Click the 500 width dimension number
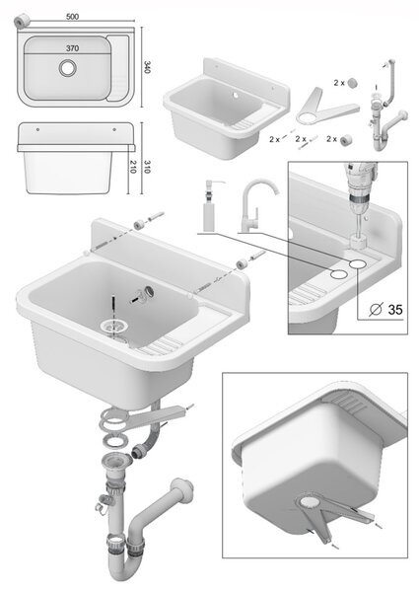pos(72,17)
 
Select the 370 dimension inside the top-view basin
pos(72,48)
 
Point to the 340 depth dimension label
pos(148,67)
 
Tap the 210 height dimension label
pos(132,166)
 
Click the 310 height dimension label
pos(147,166)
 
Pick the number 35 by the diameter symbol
pos(395,309)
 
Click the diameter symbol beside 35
pos(376,309)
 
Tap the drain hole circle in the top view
pos(67,68)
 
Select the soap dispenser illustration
pos(211,205)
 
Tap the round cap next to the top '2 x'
pos(353,82)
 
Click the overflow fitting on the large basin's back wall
pos(144,293)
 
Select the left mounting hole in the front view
pos(37,129)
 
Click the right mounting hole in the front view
pos(114,129)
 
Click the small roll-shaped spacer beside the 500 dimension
pos(22,21)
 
